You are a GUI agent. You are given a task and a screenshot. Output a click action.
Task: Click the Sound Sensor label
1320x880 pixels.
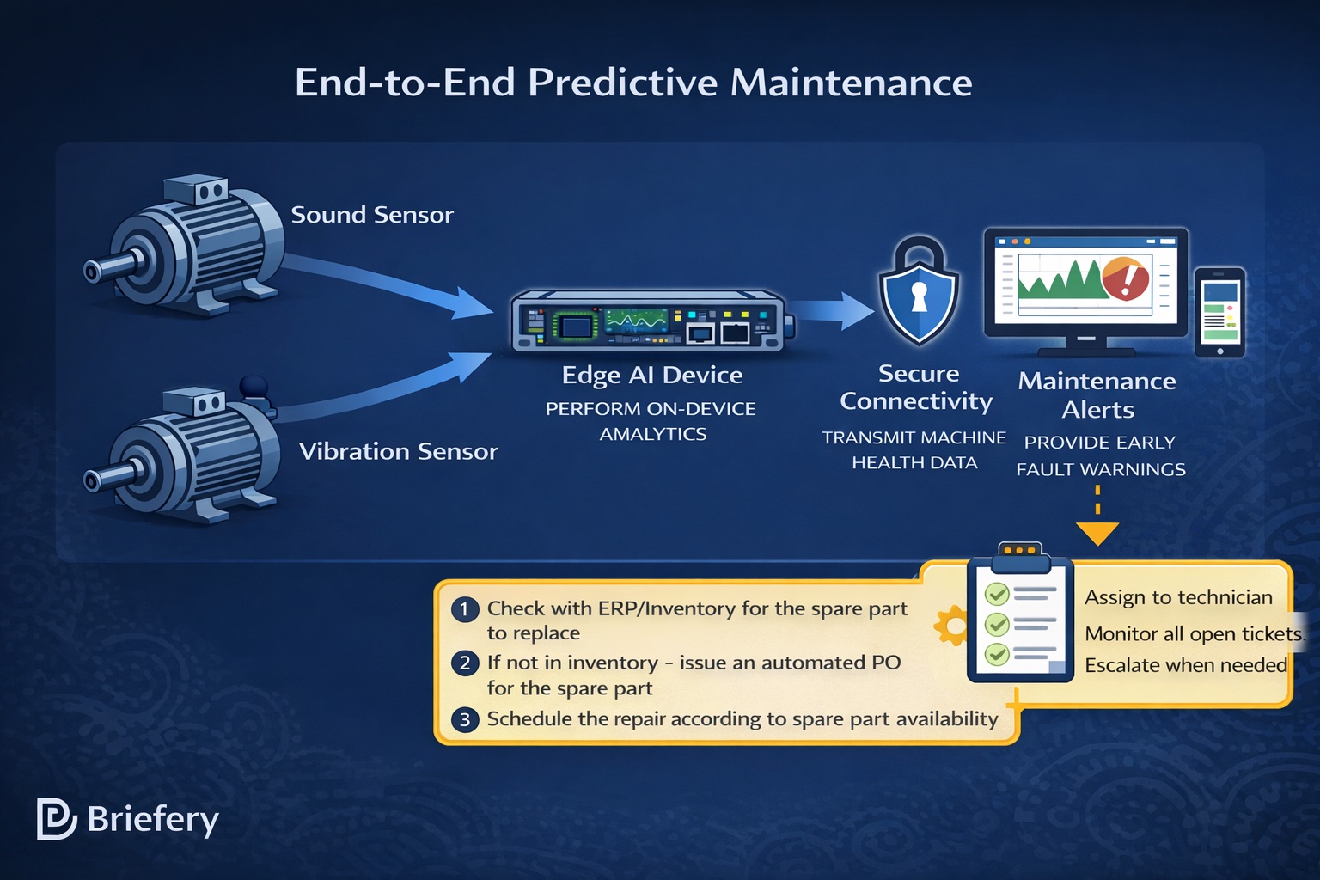(x=371, y=215)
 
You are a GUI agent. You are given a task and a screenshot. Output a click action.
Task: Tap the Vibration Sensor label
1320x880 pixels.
(x=398, y=451)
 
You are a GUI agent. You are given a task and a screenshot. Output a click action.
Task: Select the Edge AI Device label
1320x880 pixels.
(x=651, y=376)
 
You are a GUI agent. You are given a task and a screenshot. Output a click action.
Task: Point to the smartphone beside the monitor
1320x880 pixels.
(x=1219, y=313)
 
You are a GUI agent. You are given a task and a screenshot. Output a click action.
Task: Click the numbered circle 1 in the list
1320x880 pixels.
(x=465, y=609)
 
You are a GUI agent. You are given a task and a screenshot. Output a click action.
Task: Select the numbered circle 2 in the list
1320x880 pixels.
(x=465, y=663)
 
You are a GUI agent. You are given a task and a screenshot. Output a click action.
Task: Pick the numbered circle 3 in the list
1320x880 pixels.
(x=465, y=719)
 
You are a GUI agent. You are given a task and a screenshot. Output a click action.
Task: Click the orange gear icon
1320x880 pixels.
(x=951, y=626)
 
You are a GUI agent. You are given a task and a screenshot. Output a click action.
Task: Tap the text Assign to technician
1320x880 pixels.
(x=1178, y=597)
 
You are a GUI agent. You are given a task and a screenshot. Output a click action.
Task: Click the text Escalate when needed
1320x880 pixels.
(x=1185, y=665)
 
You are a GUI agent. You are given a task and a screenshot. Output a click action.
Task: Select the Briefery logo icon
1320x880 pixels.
(x=56, y=819)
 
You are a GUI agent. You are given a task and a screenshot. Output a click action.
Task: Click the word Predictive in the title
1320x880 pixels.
(x=622, y=83)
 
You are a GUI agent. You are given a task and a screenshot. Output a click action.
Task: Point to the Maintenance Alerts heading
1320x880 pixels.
(x=1097, y=395)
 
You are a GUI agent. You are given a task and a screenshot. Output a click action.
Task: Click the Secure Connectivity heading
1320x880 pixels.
(x=917, y=388)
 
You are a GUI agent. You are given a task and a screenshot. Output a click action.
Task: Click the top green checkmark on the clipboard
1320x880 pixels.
(x=997, y=594)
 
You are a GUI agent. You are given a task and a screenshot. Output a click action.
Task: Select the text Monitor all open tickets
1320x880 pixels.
(x=1193, y=634)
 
